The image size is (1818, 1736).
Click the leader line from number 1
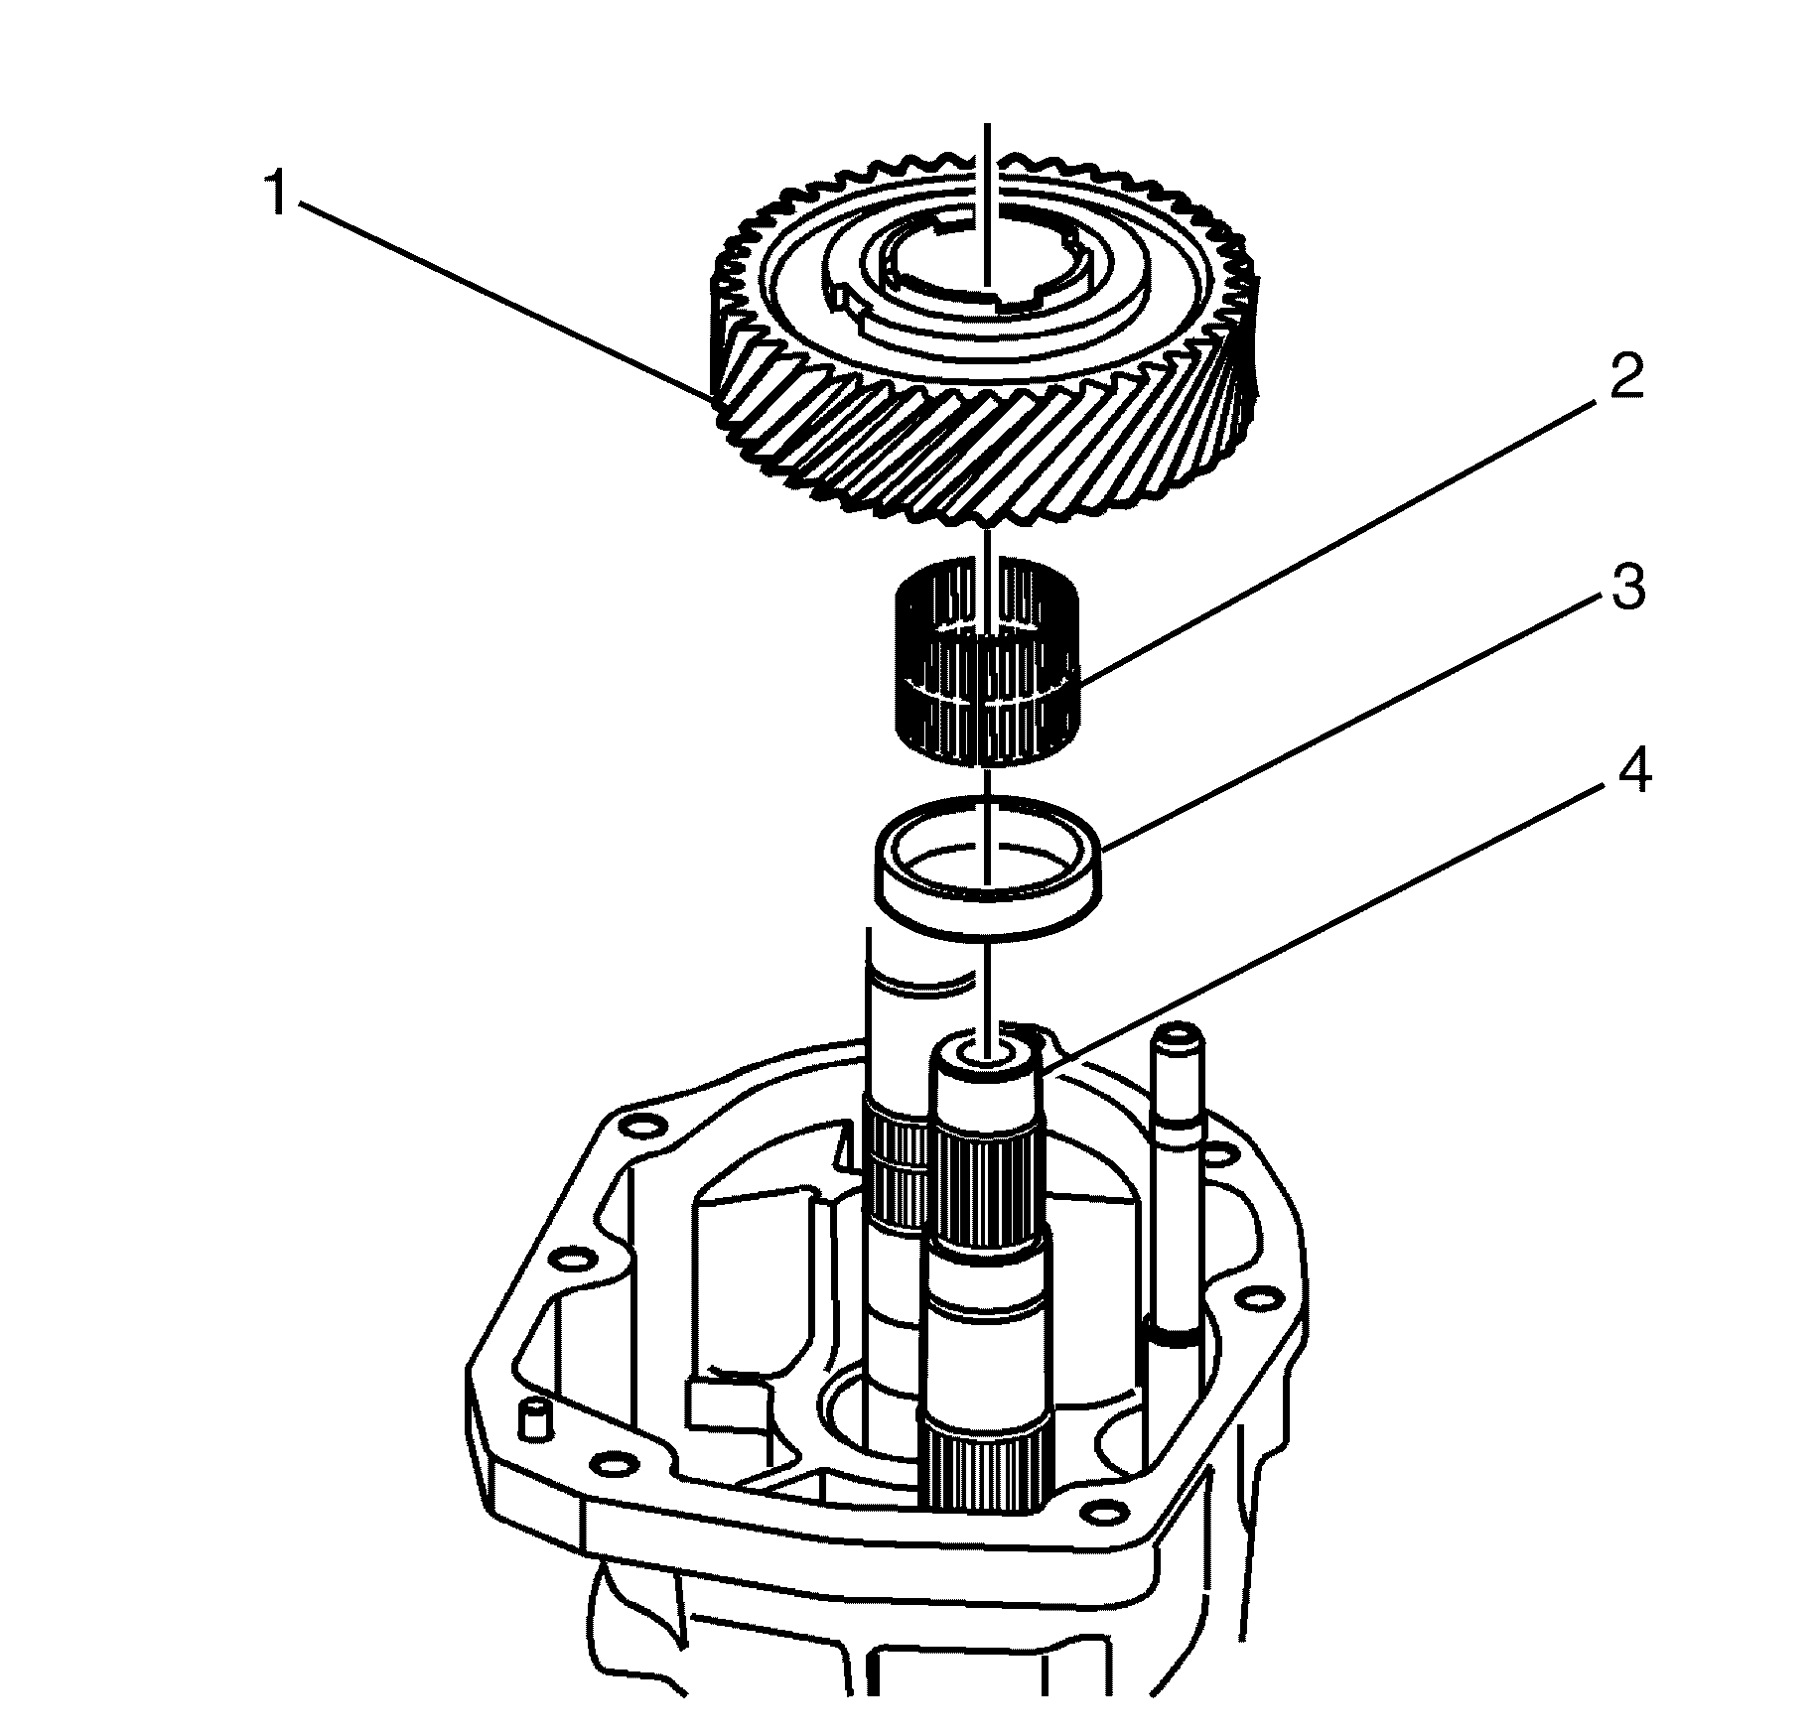tap(496, 298)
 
